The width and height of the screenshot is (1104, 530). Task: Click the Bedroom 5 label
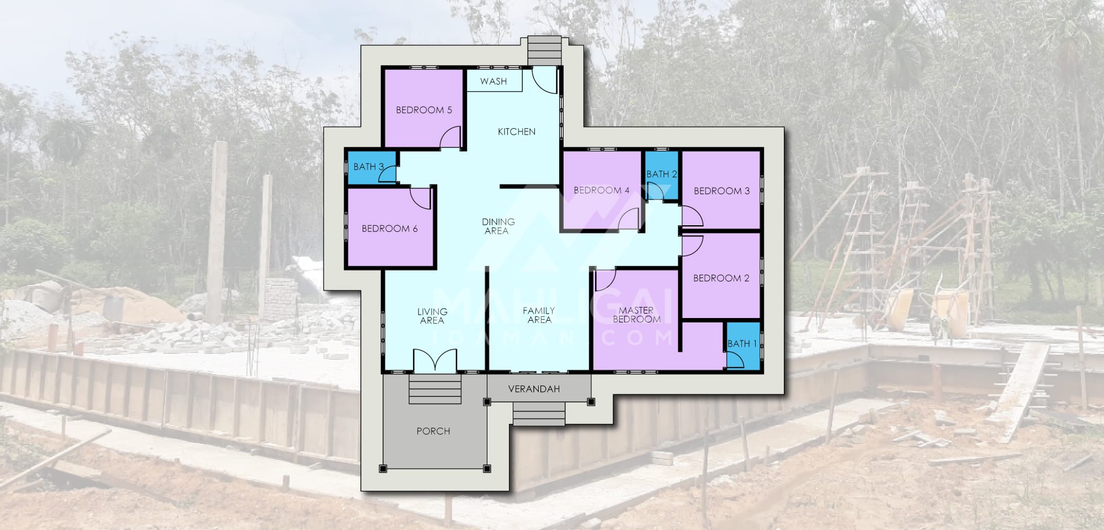tap(424, 110)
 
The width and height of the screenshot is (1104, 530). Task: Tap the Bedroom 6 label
tap(390, 228)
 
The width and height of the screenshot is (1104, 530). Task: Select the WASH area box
tap(495, 81)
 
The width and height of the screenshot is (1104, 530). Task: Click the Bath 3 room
tap(371, 167)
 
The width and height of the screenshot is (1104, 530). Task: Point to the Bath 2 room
tap(662, 174)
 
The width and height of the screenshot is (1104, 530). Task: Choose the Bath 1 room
tap(742, 345)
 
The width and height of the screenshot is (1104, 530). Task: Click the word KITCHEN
tap(517, 131)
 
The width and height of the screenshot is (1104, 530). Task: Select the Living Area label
tap(432, 316)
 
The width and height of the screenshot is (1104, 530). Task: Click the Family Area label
tap(539, 315)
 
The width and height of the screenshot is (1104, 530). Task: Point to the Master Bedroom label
tap(636, 315)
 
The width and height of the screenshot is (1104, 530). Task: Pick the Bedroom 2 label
tap(721, 278)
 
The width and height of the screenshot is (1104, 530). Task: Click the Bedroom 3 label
tap(721, 190)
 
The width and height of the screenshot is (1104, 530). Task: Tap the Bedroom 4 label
tap(601, 190)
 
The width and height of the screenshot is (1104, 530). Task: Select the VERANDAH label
tap(534, 389)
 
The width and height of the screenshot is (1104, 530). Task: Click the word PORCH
tap(433, 431)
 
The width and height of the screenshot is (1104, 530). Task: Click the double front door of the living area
tap(436, 359)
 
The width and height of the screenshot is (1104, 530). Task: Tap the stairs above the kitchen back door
tap(545, 51)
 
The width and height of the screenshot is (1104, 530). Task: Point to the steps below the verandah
tap(539, 414)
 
